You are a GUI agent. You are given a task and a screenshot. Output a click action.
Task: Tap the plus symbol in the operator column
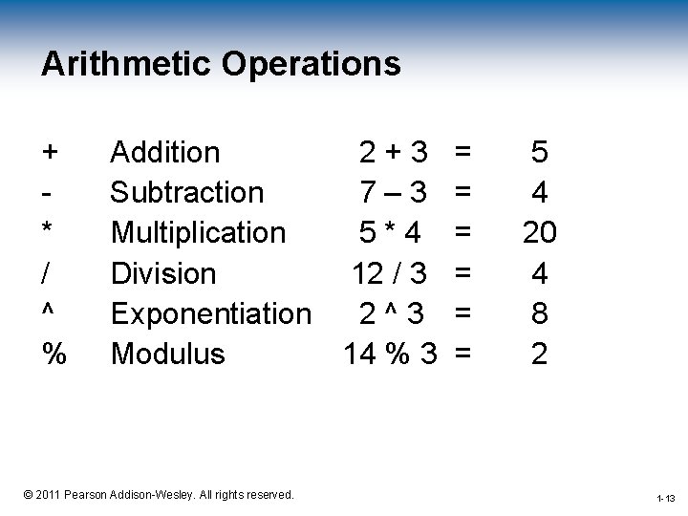point(51,151)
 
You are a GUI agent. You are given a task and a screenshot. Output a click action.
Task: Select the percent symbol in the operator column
point(54,354)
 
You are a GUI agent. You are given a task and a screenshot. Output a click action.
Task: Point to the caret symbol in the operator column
point(48,312)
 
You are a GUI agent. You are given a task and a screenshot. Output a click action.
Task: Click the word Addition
point(165,151)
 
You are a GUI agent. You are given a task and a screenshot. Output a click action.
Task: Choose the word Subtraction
point(187,192)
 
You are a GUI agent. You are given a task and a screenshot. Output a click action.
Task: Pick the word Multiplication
point(198,232)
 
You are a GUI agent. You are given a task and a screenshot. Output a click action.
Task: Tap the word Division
point(163,273)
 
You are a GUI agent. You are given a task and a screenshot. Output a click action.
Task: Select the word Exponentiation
point(211,313)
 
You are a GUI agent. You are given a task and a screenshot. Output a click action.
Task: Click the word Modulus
point(168,354)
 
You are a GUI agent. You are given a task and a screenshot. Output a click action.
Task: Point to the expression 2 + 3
point(393,151)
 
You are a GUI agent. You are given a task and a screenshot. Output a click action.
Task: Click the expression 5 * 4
point(392,232)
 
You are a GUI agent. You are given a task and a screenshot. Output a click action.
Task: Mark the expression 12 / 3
point(389,273)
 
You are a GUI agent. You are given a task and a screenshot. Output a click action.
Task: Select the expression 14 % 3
point(390,354)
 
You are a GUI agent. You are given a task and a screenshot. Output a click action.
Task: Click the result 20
point(539,232)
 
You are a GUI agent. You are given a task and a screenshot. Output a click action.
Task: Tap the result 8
point(540,313)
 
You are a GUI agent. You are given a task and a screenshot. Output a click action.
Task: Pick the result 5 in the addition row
point(540,151)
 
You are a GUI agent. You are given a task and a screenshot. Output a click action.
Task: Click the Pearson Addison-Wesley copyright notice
point(160,494)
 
